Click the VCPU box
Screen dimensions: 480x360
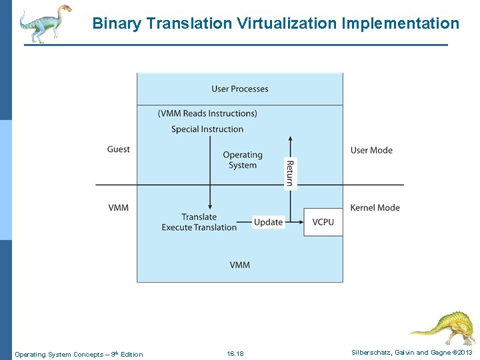click(323, 222)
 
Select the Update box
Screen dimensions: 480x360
click(269, 222)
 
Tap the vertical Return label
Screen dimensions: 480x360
click(290, 173)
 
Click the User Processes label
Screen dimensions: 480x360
click(240, 89)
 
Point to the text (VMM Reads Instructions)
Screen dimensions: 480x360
click(207, 113)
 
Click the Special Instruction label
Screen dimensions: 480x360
click(207, 129)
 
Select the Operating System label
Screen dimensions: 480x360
click(243, 160)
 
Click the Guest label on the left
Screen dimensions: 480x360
click(119, 149)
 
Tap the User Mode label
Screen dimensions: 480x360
click(371, 150)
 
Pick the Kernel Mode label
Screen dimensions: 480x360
click(375, 207)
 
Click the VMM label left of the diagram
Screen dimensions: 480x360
click(119, 207)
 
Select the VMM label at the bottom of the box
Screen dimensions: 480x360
click(240, 265)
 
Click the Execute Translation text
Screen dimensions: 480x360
click(199, 227)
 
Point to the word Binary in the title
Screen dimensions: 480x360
click(117, 24)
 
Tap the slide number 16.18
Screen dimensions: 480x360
click(235, 354)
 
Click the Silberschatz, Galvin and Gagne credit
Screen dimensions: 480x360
click(411, 353)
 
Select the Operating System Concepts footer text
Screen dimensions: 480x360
click(79, 354)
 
